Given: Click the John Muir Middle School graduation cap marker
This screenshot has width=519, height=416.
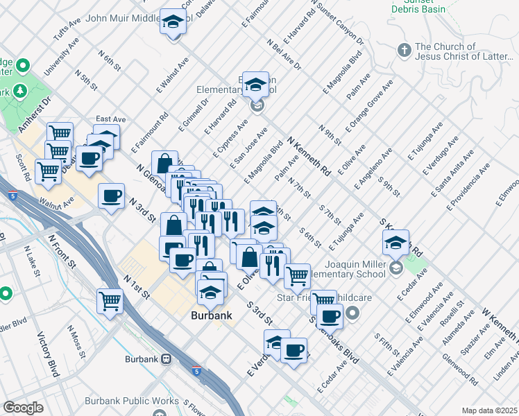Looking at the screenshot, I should pyautogui.click(x=171, y=22).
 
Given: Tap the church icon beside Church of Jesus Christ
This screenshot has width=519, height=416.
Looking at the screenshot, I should pyautogui.click(x=404, y=51).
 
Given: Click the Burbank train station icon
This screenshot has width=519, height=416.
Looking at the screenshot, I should pyautogui.click(x=167, y=359).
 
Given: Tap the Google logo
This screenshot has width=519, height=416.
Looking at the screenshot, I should pyautogui.click(x=24, y=407).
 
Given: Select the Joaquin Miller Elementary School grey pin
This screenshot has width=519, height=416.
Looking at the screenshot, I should pyautogui.click(x=395, y=268).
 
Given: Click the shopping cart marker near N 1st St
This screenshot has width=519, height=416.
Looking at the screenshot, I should pyautogui.click(x=110, y=301).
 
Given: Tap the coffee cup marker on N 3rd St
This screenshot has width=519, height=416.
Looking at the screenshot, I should pyautogui.click(x=112, y=196).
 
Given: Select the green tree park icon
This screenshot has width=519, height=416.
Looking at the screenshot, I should pyautogui.click(x=18, y=92).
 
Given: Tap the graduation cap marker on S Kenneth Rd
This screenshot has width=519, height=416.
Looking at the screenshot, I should pyautogui.click(x=395, y=243).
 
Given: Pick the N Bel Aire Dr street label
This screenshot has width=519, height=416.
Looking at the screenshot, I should pyautogui.click(x=282, y=55).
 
